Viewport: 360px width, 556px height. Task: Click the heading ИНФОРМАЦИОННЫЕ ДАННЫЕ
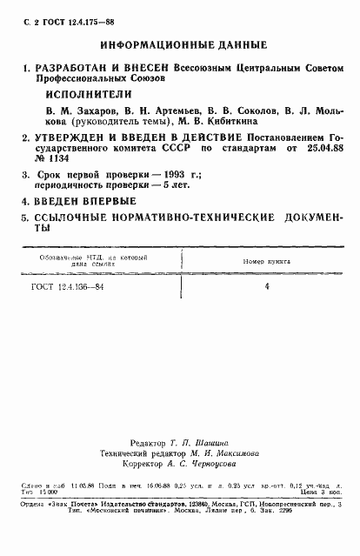point(183,44)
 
